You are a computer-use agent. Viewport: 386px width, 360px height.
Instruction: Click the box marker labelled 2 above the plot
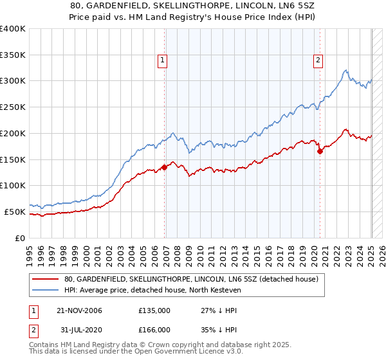coord(318,61)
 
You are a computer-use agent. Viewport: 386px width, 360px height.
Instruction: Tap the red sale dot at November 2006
coord(165,167)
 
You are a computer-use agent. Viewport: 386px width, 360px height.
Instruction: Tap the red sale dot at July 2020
coord(320,152)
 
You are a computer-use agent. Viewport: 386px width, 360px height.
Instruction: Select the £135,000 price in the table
coord(154,310)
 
